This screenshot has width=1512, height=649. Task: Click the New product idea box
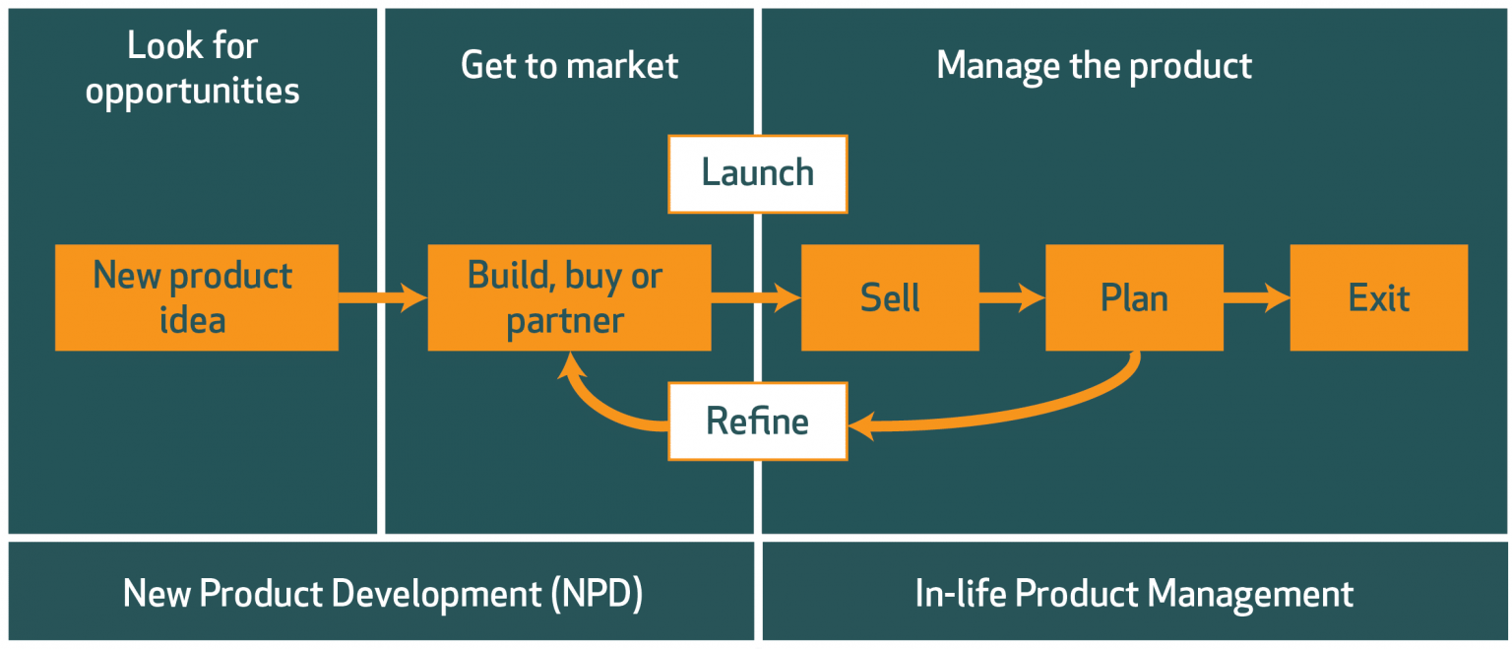click(196, 297)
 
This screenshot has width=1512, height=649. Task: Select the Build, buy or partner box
click(569, 297)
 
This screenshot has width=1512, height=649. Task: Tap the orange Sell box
click(890, 297)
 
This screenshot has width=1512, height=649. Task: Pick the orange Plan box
click(1134, 297)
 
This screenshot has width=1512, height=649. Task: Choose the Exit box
click(1378, 297)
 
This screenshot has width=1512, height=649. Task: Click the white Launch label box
click(757, 173)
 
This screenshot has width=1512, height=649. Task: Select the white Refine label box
click(757, 422)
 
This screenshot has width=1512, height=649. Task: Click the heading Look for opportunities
click(193, 68)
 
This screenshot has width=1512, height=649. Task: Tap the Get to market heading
click(569, 66)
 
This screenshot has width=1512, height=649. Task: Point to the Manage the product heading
click(1094, 66)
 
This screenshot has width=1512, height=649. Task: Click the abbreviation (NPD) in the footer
click(597, 594)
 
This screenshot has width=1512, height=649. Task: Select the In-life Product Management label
click(1134, 594)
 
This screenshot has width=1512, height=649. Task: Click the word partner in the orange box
click(565, 321)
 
